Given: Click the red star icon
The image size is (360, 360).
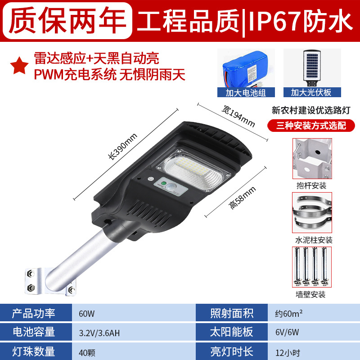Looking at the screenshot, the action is [19, 66].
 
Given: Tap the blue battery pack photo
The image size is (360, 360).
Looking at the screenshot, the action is [246, 68].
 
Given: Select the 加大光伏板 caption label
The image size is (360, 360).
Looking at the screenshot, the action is [312, 93].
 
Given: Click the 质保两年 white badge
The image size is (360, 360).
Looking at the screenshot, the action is [67, 20].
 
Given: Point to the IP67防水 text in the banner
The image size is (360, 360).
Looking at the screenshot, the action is [301, 21].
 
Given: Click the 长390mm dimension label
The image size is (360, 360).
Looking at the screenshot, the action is [123, 146].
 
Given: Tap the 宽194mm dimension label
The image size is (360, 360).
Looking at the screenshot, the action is [238, 116].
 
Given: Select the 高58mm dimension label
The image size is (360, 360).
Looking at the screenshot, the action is [243, 198].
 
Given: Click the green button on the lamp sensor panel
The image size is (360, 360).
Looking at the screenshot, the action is [164, 184].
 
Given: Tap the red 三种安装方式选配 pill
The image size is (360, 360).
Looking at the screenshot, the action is [311, 126].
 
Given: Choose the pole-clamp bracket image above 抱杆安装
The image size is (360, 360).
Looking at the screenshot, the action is [312, 158].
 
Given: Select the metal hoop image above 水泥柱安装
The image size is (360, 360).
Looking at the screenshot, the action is [312, 212].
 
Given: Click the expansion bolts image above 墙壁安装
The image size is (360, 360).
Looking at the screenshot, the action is [312, 267].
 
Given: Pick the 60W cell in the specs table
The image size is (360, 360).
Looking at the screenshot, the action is [87, 314].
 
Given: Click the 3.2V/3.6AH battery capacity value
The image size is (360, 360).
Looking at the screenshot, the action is [99, 333].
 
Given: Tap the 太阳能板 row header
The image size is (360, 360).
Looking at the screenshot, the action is [232, 332].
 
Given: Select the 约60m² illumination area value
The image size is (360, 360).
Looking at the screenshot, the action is [289, 313].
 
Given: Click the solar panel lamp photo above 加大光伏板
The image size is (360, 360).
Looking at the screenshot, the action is [312, 68].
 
